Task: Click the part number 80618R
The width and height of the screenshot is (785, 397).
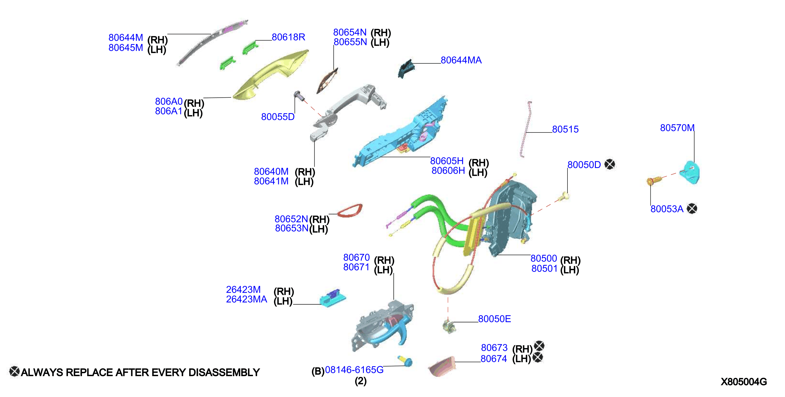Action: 288,37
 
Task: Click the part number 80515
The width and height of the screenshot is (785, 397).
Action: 565,129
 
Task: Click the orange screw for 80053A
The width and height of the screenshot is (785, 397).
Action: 653,180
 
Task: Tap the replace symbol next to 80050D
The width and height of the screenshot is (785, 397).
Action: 610,165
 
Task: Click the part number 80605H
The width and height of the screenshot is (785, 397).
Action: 447,161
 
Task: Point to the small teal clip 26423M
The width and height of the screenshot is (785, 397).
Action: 333,298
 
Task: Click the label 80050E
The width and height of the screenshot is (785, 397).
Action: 494,319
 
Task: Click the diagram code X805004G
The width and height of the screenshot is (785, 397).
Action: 744,382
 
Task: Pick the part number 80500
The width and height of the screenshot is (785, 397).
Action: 544,258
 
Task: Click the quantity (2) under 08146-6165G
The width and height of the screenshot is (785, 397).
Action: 360,381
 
